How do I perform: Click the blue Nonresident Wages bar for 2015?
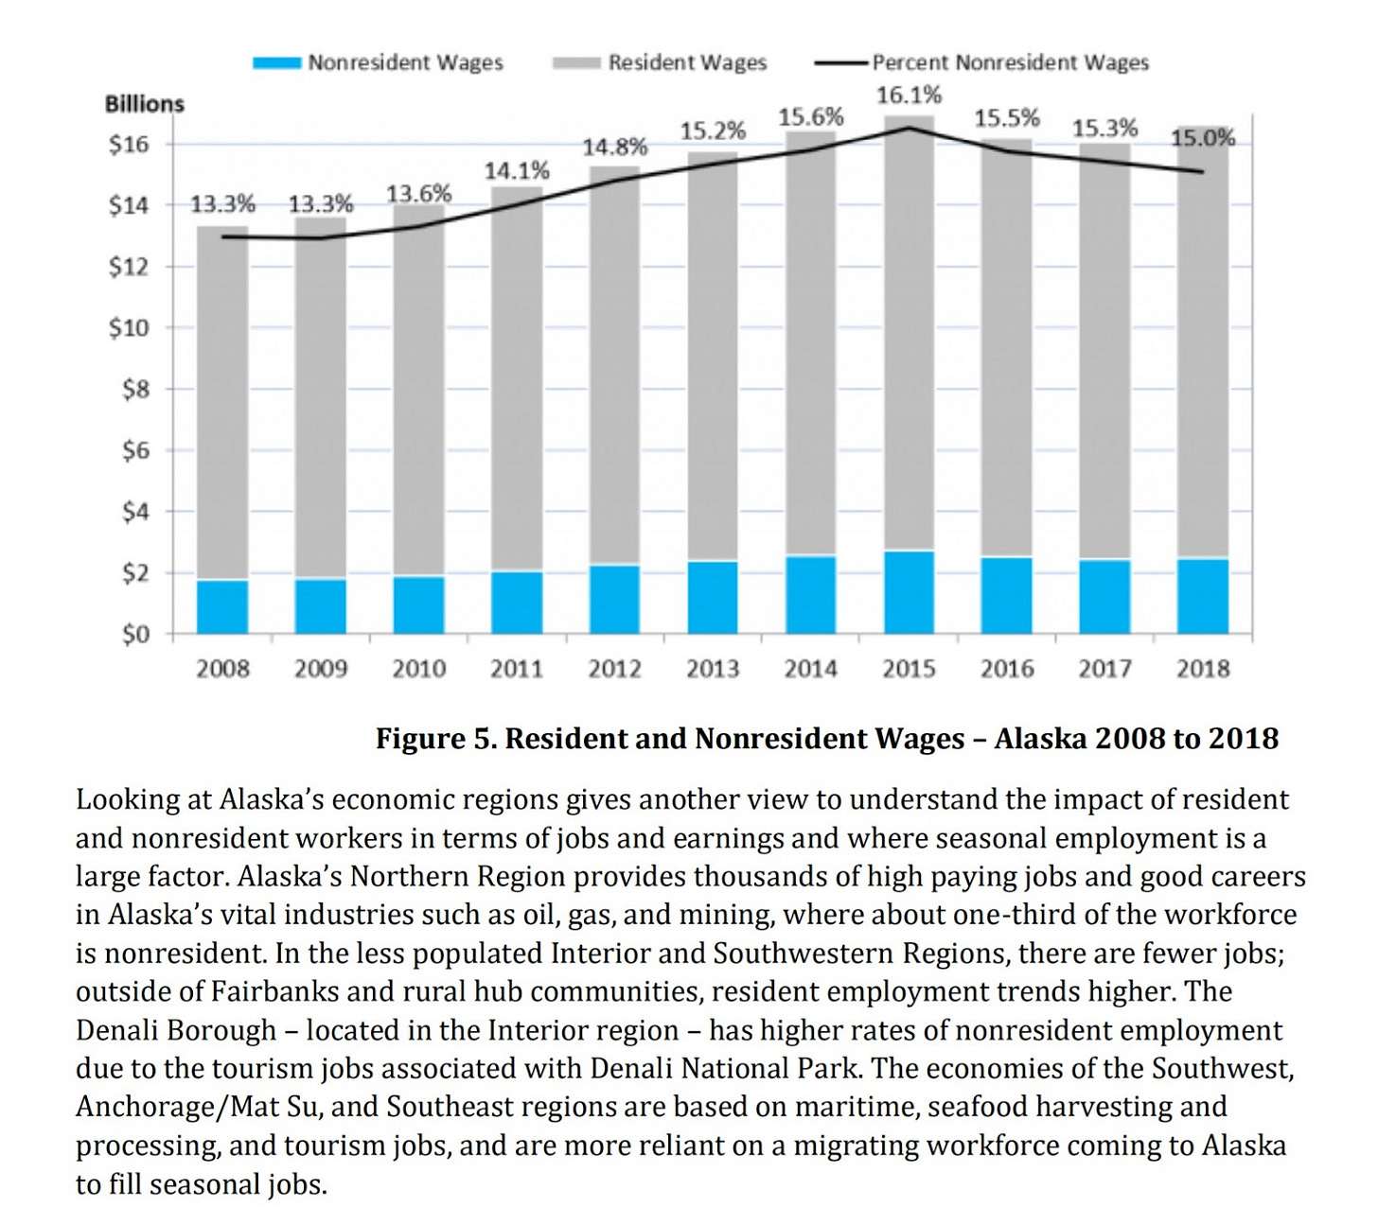tap(909, 592)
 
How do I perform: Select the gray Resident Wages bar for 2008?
tap(222, 402)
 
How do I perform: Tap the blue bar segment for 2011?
tap(517, 603)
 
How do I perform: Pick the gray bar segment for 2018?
tap(1203, 341)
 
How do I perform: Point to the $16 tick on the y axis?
tap(129, 144)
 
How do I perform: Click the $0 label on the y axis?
tap(135, 634)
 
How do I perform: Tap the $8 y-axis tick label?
tap(135, 389)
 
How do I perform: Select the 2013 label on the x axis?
tap(713, 669)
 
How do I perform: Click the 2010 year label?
tap(418, 669)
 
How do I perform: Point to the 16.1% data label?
tap(909, 96)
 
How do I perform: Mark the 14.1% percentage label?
tap(517, 171)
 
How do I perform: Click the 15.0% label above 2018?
tap(1203, 138)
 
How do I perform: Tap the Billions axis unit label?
tap(144, 104)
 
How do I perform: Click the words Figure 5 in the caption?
tap(434, 738)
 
